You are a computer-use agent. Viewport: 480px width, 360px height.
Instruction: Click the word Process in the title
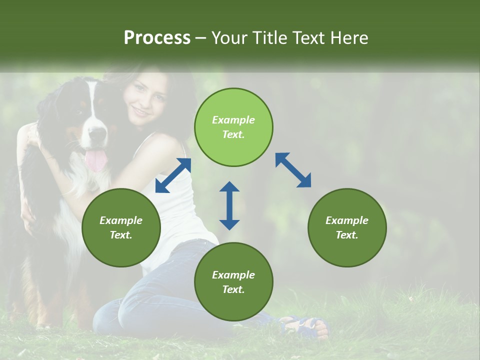157,38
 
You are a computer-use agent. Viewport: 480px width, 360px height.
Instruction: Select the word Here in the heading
350,38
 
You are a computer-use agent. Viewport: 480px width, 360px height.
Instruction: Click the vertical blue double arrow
229,205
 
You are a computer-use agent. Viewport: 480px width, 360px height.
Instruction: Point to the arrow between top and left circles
173,175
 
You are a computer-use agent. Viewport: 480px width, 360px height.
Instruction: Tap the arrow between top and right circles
293,170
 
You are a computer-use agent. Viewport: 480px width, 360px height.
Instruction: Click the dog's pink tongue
96,160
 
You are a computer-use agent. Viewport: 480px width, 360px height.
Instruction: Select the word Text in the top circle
233,134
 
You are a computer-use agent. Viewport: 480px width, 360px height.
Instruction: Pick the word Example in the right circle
347,220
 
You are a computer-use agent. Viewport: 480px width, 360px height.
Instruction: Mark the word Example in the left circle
121,220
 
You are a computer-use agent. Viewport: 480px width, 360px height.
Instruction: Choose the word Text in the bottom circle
233,289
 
